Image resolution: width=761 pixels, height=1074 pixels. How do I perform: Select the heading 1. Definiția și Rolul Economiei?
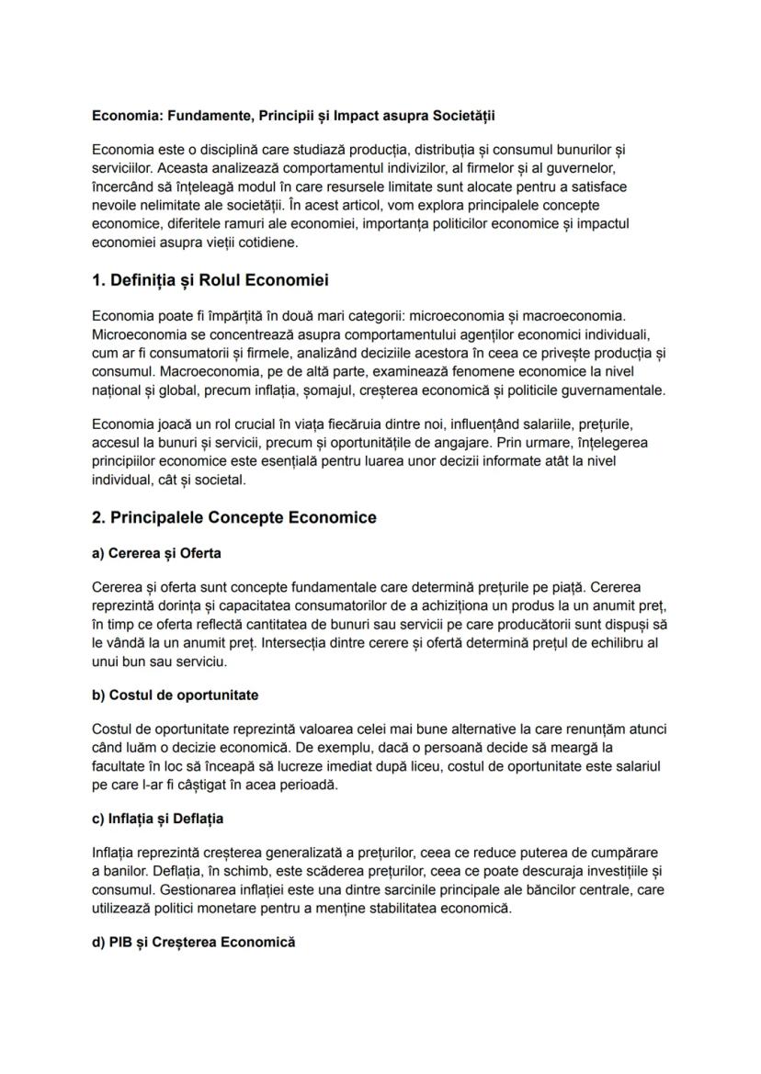click(210, 280)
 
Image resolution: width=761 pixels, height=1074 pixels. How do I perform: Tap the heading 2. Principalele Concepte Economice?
click(234, 518)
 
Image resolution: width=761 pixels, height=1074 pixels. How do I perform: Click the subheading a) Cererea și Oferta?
click(157, 554)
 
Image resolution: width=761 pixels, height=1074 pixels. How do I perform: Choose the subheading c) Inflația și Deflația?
click(158, 819)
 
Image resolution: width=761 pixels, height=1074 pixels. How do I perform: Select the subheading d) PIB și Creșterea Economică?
click(194, 943)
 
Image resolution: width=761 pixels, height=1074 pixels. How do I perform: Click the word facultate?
click(121, 766)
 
